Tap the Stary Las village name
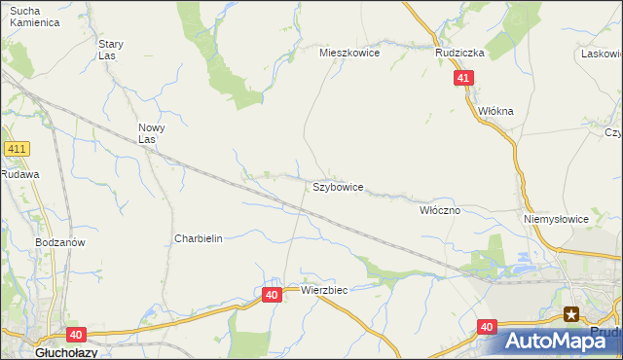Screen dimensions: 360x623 (x=111, y=50)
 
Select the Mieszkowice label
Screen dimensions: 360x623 (x=349, y=54)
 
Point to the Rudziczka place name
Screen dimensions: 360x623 (x=460, y=54)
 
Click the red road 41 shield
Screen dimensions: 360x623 (x=463, y=79)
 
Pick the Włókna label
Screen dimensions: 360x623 (x=495, y=111)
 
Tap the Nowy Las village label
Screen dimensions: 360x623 (x=151, y=133)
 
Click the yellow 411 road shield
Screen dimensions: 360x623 (x=17, y=149)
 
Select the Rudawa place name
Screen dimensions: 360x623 (x=19, y=174)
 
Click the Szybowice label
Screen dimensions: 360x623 (x=338, y=186)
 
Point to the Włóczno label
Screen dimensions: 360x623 (x=439, y=210)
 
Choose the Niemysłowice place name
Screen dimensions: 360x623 (x=557, y=219)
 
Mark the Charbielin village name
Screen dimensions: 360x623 (x=199, y=238)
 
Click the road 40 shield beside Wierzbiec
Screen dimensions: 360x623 (x=272, y=294)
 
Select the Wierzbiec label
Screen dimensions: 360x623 (x=324, y=290)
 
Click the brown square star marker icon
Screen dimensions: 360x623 (x=571, y=313)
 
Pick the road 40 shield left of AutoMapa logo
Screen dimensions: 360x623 (x=488, y=327)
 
